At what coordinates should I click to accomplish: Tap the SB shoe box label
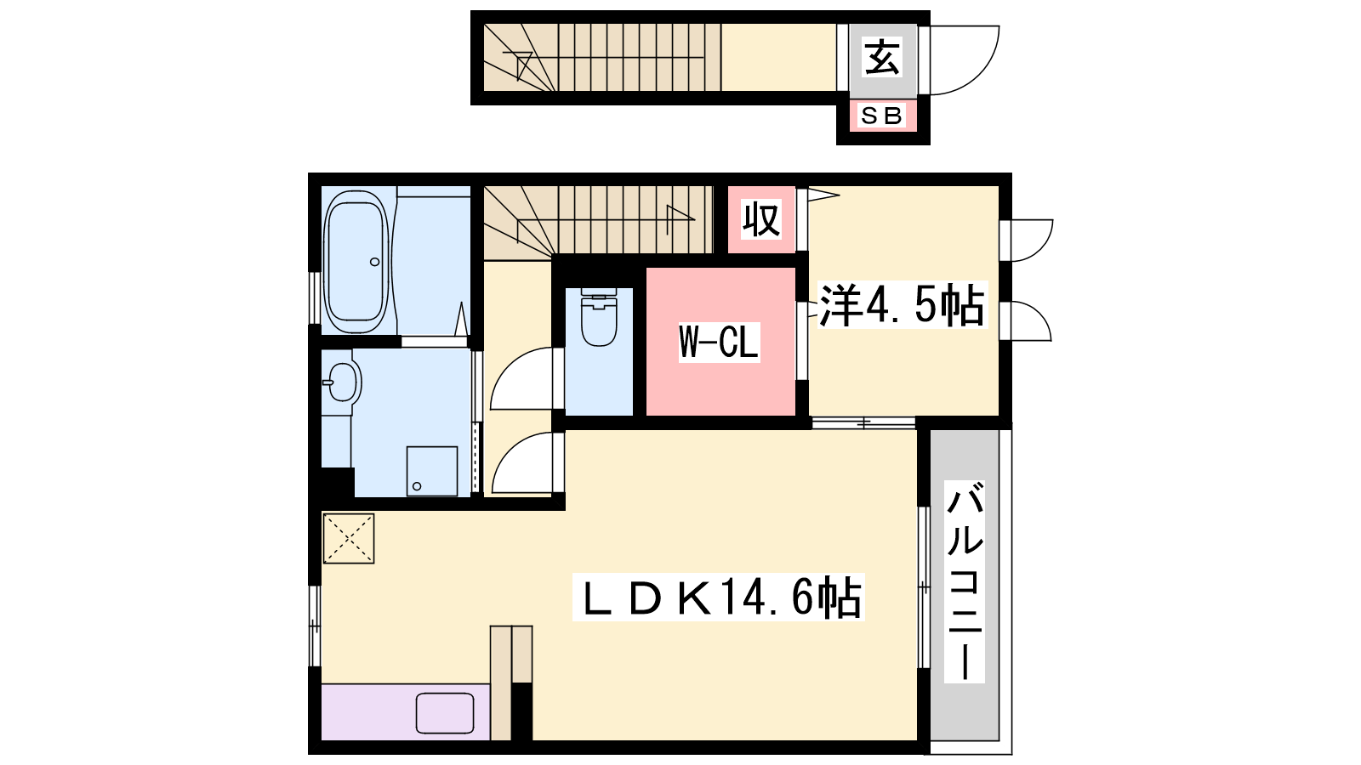882,116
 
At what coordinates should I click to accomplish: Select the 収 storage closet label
761,219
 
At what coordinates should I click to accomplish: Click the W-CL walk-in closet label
719,343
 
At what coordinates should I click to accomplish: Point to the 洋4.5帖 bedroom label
902,305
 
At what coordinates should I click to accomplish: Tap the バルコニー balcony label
965,581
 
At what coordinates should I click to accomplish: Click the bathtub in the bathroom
356,262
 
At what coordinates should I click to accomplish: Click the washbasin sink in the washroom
342,382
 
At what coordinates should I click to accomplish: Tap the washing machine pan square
432,471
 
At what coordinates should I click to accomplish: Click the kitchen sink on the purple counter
445,713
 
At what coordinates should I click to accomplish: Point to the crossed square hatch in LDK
348,539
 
